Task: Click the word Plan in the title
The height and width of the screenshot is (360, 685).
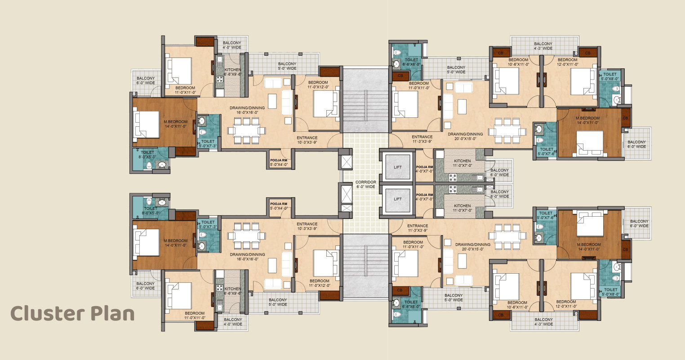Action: [x=113, y=314]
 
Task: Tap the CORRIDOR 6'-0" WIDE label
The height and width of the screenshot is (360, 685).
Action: [x=366, y=184]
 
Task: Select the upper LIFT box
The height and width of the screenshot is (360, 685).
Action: [x=397, y=167]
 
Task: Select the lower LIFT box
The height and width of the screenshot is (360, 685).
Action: [x=397, y=199]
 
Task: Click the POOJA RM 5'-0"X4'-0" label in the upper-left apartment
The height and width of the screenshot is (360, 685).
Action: [x=279, y=162]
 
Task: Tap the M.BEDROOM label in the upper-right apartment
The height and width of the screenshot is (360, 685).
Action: [x=587, y=120]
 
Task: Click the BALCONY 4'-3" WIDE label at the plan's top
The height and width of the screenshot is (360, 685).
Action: [x=543, y=46]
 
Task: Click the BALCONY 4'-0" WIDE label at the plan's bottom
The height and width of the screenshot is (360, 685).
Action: [x=233, y=322]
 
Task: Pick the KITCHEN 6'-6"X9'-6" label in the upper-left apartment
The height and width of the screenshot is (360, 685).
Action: [x=233, y=72]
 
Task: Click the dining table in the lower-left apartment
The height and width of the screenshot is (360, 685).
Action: [x=246, y=236]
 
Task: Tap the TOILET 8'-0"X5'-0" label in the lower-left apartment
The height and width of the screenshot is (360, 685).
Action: [x=151, y=211]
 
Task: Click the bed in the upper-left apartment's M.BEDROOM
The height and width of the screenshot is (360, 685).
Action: [x=146, y=124]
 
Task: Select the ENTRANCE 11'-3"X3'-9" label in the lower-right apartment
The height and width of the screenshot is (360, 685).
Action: [x=418, y=228]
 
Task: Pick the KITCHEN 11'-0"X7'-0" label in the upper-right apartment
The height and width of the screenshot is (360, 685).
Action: [x=462, y=163]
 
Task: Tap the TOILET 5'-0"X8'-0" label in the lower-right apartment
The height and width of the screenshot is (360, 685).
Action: [x=611, y=292]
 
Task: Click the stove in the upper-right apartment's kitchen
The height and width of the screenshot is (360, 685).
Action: [x=453, y=178]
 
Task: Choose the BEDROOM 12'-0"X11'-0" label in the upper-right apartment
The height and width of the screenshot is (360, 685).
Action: [x=567, y=62]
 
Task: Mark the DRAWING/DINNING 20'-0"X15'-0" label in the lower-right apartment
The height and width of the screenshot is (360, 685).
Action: [x=473, y=247]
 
